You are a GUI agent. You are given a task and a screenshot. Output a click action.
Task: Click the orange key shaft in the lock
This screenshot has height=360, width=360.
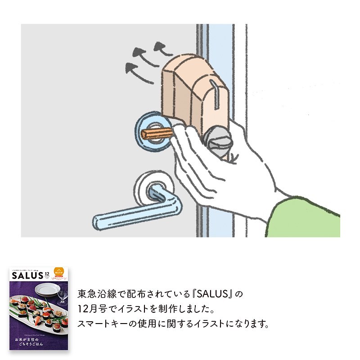pyautogui.click(x=157, y=133)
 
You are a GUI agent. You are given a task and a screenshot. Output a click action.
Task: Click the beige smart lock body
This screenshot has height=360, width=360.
pyautogui.click(x=189, y=90)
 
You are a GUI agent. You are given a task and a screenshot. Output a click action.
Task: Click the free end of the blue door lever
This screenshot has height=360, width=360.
pyautogui.click(x=100, y=221)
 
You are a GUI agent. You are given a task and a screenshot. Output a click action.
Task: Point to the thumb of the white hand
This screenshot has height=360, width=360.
pyautogui.click(x=184, y=135)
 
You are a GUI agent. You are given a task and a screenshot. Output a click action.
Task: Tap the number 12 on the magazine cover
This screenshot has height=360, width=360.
pyautogui.click(x=48, y=274)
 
